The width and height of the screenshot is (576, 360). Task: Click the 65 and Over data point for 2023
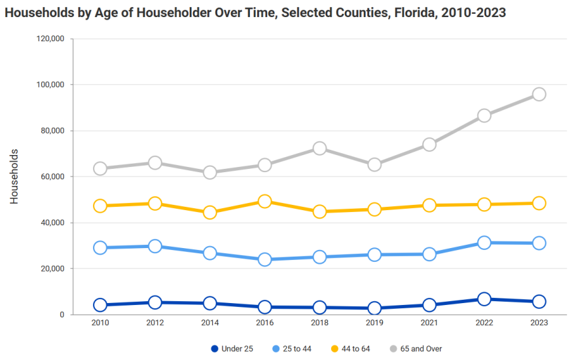pyautogui.click(x=539, y=94)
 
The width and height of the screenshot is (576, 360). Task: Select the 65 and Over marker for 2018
pyautogui.click(x=319, y=149)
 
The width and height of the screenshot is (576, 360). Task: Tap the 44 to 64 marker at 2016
pyautogui.click(x=264, y=202)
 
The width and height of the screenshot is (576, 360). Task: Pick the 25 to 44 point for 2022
pyautogui.click(x=484, y=243)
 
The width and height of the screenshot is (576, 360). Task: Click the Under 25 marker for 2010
pyautogui.click(x=100, y=305)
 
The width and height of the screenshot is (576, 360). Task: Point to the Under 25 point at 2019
pyautogui.click(x=374, y=308)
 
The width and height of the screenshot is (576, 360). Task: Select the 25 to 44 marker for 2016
pyautogui.click(x=264, y=260)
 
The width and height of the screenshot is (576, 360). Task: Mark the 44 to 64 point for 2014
pyautogui.click(x=210, y=213)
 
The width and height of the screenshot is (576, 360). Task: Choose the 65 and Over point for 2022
pyautogui.click(x=484, y=116)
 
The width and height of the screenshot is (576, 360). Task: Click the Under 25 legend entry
pyautogui.click(x=232, y=349)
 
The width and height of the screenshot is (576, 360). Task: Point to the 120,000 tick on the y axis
pyautogui.click(x=50, y=39)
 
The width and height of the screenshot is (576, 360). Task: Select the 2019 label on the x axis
pyautogui.click(x=374, y=323)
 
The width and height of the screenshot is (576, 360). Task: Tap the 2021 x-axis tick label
pyautogui.click(x=429, y=323)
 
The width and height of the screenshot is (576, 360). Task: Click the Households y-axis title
pyautogui.click(x=14, y=177)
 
